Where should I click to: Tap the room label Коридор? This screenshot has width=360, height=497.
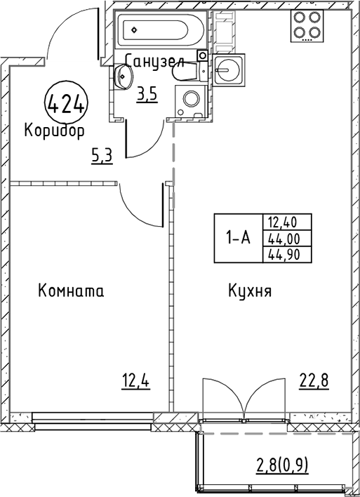tap(54, 131)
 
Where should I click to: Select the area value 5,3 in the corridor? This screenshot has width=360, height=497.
tap(102, 157)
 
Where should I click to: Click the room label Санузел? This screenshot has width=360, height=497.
tap(154, 61)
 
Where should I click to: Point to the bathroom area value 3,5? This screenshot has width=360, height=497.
tap(147, 95)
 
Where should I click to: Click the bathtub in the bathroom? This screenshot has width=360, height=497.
tap(161, 29)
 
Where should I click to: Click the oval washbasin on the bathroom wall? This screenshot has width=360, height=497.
tap(124, 77)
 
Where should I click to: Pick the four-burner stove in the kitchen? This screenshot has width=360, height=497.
tap(307, 26)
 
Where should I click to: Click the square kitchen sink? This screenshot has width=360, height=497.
tap(229, 69)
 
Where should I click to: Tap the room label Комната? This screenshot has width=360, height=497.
tap(71, 291)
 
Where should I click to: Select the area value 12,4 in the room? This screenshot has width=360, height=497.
tap(135, 380)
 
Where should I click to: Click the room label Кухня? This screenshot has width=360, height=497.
tap(250, 291)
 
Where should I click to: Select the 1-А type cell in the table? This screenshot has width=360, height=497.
tap(239, 238)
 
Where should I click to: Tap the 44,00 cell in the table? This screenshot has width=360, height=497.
tap(287, 239)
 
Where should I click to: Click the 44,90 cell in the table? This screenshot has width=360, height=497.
tap(287, 255)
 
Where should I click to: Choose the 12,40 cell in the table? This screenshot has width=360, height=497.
tap(287, 223)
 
